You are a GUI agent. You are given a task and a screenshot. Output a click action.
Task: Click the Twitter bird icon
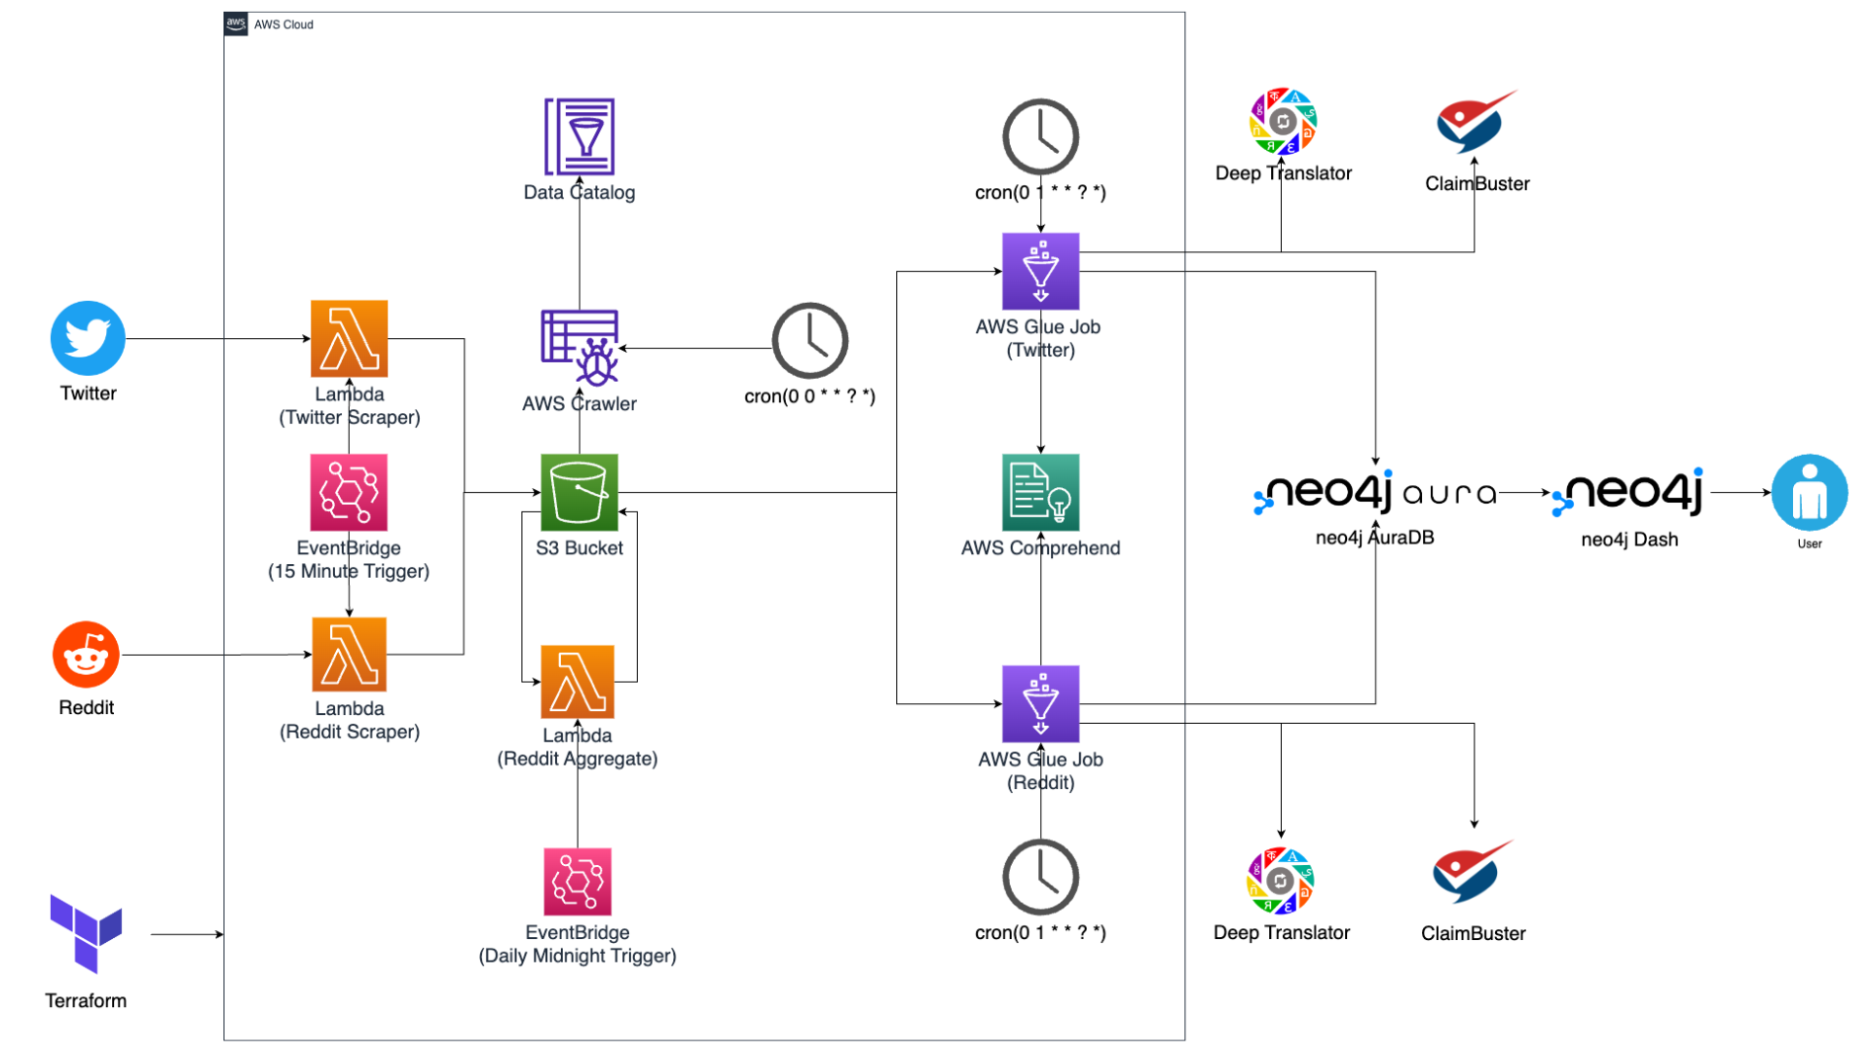pos(88,338)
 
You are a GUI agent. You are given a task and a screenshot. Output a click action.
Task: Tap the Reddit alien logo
pos(86,655)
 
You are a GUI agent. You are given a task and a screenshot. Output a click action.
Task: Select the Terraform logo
pos(86,933)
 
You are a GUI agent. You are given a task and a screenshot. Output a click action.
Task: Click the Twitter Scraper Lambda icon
pos(349,338)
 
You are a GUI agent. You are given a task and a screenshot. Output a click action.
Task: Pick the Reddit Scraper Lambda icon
pos(349,655)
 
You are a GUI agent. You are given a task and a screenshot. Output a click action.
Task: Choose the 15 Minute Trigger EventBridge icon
pos(349,492)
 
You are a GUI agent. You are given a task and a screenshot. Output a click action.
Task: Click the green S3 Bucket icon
pos(579,492)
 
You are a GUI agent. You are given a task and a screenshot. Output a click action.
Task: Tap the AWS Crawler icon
pos(580,348)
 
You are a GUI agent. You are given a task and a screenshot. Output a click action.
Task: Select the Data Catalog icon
pos(580,136)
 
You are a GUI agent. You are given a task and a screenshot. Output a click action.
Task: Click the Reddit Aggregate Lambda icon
pos(578,682)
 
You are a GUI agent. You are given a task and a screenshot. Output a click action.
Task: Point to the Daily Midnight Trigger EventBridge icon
pos(578,882)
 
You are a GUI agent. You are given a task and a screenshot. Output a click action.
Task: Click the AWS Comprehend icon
pos(1040,492)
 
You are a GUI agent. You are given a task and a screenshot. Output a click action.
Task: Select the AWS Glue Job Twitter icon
pos(1040,271)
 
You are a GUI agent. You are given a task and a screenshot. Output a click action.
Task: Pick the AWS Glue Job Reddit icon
pos(1040,703)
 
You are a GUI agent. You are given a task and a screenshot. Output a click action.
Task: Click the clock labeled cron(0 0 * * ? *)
pos(809,341)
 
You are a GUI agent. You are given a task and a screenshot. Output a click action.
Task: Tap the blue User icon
pos(1809,492)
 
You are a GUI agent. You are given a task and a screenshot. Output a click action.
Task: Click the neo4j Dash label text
pos(1629,540)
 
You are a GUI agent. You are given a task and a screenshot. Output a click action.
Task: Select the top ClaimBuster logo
pos(1475,122)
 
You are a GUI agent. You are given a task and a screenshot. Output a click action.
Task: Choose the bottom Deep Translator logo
pos(1280,881)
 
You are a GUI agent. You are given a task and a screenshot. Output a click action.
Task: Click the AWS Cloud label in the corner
pos(282,24)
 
